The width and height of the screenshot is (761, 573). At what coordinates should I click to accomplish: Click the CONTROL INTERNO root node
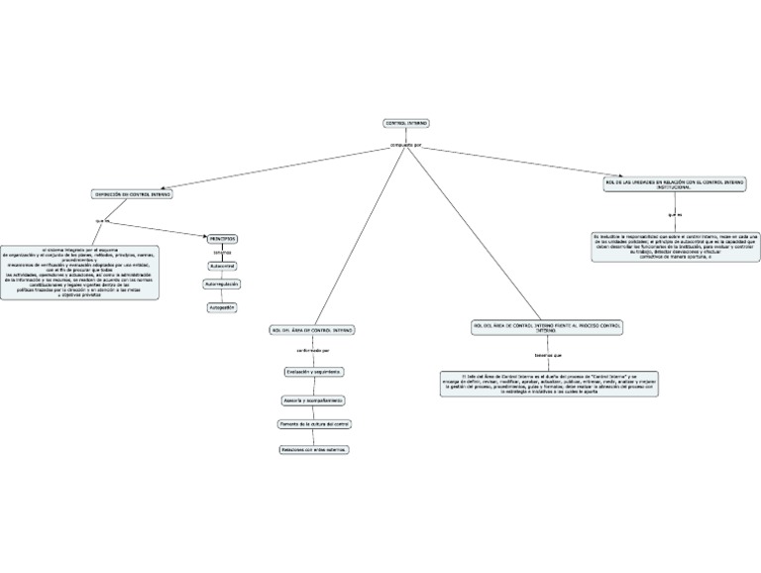pyautogui.click(x=405, y=123)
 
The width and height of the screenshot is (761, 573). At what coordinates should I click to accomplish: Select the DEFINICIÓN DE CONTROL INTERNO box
pyautogui.click(x=132, y=194)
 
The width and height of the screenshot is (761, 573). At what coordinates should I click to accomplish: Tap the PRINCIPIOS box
pyautogui.click(x=222, y=238)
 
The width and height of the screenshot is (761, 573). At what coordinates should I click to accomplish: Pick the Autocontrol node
pyautogui.click(x=222, y=266)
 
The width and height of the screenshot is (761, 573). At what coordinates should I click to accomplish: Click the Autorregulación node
pyautogui.click(x=222, y=284)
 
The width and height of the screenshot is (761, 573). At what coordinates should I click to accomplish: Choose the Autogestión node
pyautogui.click(x=222, y=307)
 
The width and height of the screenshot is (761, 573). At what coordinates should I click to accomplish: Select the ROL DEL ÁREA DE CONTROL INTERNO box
pyautogui.click(x=311, y=329)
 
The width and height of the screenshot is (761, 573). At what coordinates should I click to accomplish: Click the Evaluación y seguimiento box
pyautogui.click(x=313, y=371)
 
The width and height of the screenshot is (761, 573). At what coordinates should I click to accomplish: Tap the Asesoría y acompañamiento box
pyautogui.click(x=313, y=400)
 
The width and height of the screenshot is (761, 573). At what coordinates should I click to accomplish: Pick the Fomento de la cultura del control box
pyautogui.click(x=313, y=423)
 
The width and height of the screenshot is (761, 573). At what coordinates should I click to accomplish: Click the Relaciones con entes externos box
pyautogui.click(x=313, y=448)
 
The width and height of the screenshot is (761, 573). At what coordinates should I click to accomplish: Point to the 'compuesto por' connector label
pyautogui.click(x=406, y=145)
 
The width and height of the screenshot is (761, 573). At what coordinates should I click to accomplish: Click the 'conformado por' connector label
pyautogui.click(x=313, y=350)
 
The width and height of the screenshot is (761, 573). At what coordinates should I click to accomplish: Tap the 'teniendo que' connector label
pyautogui.click(x=548, y=354)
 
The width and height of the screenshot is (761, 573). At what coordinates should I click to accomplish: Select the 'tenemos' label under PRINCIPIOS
pyautogui.click(x=222, y=252)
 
